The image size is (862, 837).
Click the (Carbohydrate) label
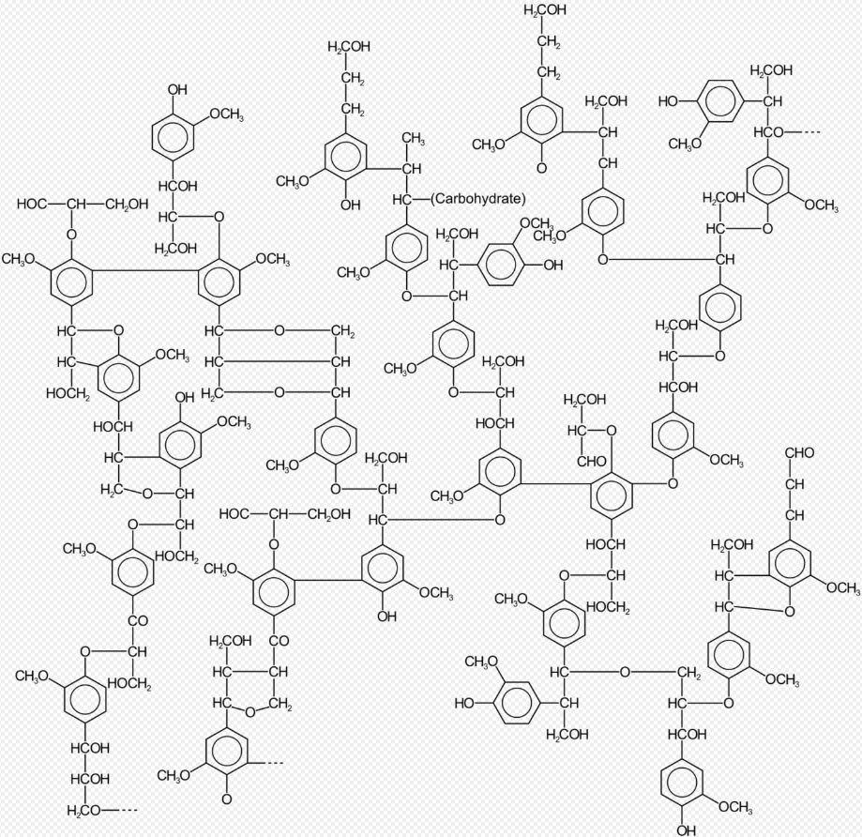point(477,199)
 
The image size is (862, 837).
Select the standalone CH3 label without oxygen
point(414,138)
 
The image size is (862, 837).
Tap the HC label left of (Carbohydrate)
point(401,199)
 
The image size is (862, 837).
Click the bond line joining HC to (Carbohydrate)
point(420,199)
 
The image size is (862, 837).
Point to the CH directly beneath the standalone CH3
point(412,168)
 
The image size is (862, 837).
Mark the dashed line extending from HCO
point(804,132)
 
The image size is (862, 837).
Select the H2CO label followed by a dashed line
point(84,810)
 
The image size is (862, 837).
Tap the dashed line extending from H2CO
point(120,810)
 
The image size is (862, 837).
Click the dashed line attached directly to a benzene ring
point(266,763)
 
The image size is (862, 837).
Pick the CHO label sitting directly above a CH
point(799,452)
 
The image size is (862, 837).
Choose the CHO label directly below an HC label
point(592,461)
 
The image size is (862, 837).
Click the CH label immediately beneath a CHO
point(794,484)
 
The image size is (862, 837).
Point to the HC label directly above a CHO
point(577,430)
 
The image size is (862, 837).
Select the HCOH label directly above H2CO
point(90,779)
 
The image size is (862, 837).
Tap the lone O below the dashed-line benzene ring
point(226,799)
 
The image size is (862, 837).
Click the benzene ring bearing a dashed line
point(226,751)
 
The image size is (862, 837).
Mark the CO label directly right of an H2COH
point(279,641)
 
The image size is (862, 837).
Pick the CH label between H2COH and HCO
point(772,101)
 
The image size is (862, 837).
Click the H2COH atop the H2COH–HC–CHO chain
point(585,400)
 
